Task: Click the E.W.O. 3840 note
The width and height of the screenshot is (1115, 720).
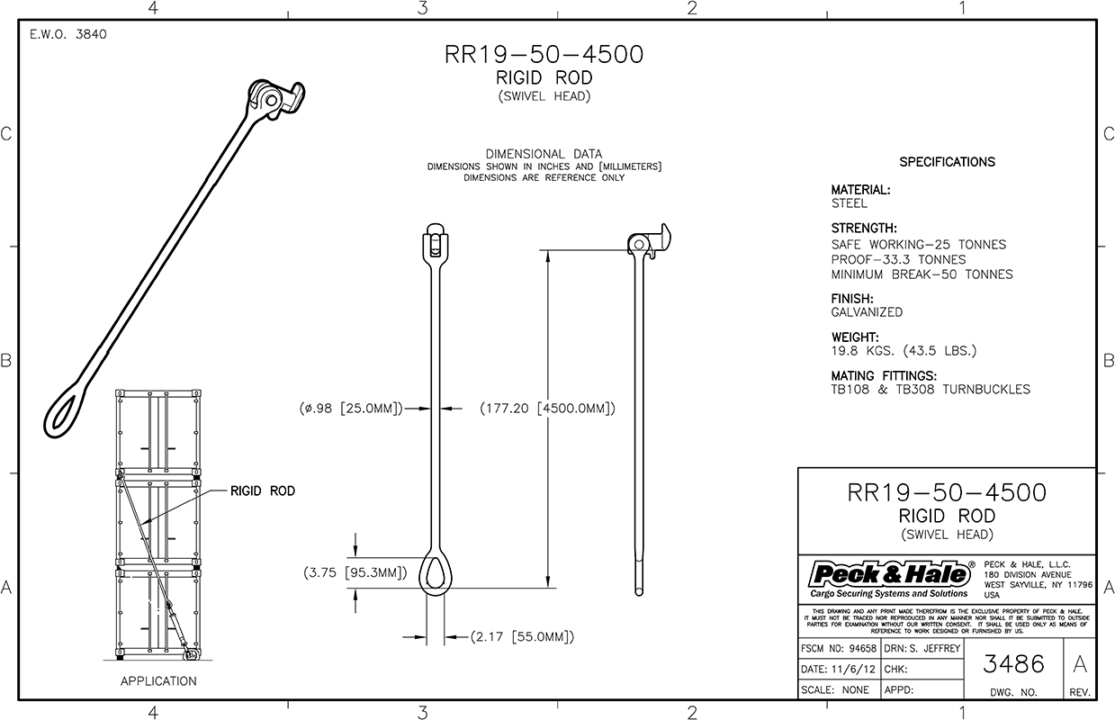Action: click(x=68, y=34)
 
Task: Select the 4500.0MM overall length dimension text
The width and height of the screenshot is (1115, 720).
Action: click(x=547, y=409)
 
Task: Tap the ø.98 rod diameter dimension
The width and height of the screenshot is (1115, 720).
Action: click(x=350, y=409)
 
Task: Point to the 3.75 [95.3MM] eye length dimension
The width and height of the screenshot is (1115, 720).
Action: click(x=355, y=572)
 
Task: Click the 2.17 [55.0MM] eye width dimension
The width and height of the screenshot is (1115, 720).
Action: click(x=523, y=636)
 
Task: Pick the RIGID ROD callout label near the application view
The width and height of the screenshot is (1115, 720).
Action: click(x=262, y=491)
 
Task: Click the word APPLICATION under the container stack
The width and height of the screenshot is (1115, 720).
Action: click(x=158, y=680)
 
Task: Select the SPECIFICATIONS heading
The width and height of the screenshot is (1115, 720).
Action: click(x=948, y=162)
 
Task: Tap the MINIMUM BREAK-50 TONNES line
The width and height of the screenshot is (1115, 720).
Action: click(x=922, y=274)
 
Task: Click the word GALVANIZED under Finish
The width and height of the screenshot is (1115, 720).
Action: click(x=867, y=312)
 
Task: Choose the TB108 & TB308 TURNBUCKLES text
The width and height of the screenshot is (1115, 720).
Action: click(x=931, y=389)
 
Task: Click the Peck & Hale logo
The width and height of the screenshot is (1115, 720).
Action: click(x=889, y=579)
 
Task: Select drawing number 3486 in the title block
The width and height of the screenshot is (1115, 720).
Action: click(x=1013, y=663)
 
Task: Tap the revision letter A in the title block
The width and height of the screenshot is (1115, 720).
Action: click(x=1080, y=663)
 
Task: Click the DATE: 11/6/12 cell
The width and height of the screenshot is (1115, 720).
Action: click(x=840, y=670)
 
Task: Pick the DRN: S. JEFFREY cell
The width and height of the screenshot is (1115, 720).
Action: click(x=922, y=648)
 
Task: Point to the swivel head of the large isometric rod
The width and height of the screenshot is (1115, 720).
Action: click(x=275, y=99)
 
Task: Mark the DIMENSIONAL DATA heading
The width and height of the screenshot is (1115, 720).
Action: click(x=544, y=154)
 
